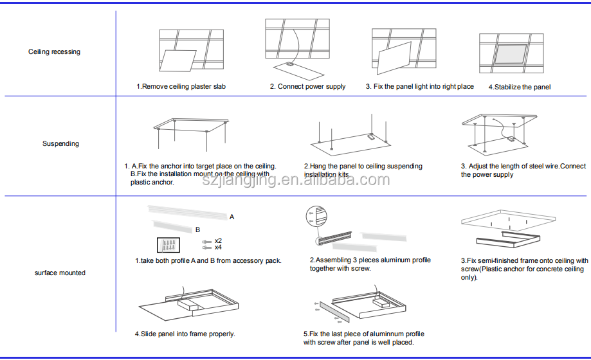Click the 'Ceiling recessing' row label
pyautogui.click(x=54, y=52)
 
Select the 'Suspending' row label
pyautogui.click(x=60, y=144)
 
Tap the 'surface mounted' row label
pyautogui.click(x=60, y=273)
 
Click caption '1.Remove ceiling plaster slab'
pyautogui.click(x=181, y=87)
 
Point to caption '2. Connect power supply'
pyautogui.click(x=307, y=87)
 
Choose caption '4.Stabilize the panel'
pyautogui.click(x=519, y=87)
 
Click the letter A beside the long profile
pyautogui.click(x=232, y=217)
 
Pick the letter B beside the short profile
pyautogui.click(x=197, y=230)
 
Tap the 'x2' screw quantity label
pyautogui.click(x=218, y=240)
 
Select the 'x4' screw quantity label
pyautogui.click(x=218, y=247)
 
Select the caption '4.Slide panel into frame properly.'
pyautogui.click(x=185, y=334)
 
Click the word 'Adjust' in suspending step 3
pyautogui.click(x=480, y=166)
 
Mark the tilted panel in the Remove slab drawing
pyautogui.click(x=179, y=62)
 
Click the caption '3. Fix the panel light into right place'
pyautogui.click(x=419, y=87)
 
